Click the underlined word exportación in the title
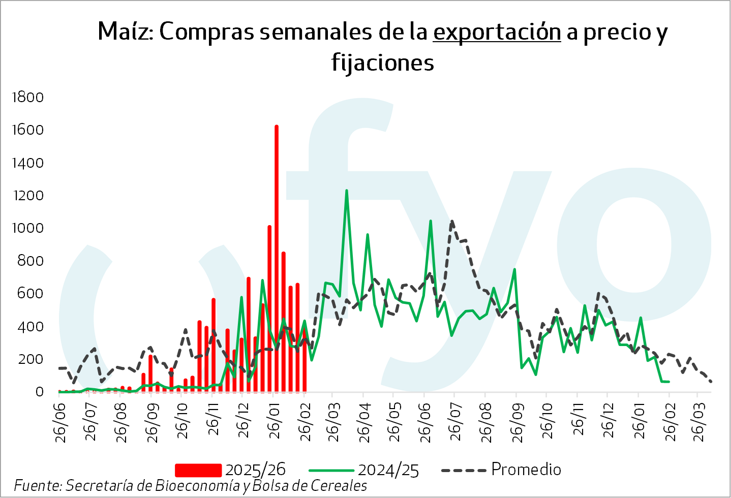(x=497, y=32)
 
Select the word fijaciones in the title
(x=383, y=63)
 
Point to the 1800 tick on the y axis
(x=27, y=97)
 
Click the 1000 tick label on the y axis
(x=27, y=228)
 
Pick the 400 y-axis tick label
(x=31, y=326)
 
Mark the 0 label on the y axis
(x=39, y=392)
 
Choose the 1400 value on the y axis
(x=27, y=163)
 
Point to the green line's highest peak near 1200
(x=347, y=191)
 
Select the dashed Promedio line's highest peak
(x=452, y=222)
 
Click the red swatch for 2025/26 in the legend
(x=198, y=470)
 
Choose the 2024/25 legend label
(x=388, y=470)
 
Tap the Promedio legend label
(x=526, y=470)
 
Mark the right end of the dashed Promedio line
(x=711, y=382)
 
